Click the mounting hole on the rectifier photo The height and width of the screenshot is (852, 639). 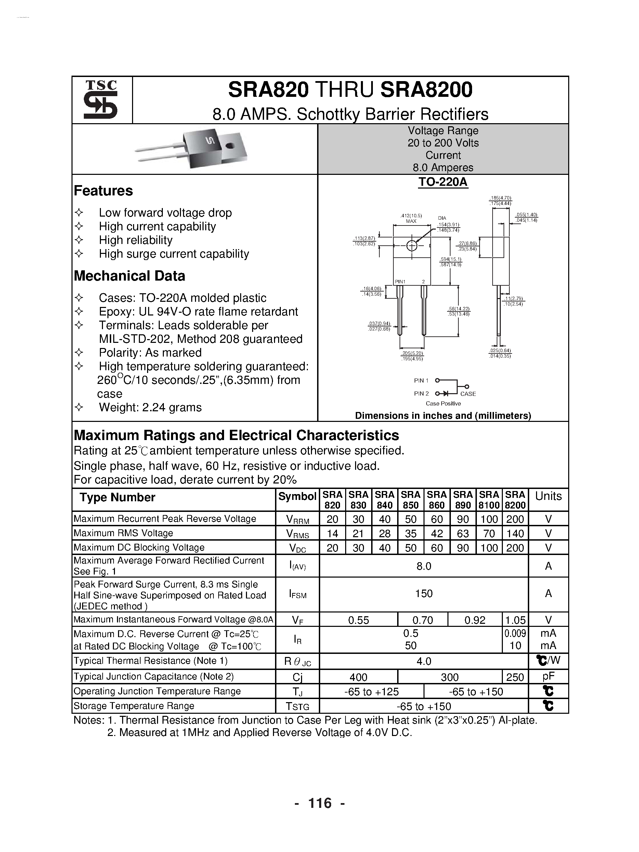[230, 146]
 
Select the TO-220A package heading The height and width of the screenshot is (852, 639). [443, 182]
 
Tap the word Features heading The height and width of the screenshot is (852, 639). [103, 191]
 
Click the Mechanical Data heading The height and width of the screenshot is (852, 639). [129, 276]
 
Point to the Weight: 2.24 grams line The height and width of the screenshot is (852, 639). [150, 408]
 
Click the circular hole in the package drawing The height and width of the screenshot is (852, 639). [412, 246]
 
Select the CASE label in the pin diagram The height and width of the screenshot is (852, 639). [468, 393]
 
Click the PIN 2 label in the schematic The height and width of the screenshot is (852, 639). [421, 393]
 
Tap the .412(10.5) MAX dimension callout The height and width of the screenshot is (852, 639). [411, 218]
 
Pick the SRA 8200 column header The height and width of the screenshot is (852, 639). [515, 500]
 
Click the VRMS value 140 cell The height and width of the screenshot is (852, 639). [515, 533]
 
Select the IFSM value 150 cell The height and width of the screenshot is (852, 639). [424, 594]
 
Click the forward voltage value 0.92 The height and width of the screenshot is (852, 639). [474, 620]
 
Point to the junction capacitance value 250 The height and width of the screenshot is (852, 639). [515, 677]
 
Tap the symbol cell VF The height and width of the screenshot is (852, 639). [297, 620]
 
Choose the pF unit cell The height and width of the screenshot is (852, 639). [548, 677]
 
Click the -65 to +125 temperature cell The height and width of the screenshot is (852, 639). [371, 692]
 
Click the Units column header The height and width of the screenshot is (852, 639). [548, 496]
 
